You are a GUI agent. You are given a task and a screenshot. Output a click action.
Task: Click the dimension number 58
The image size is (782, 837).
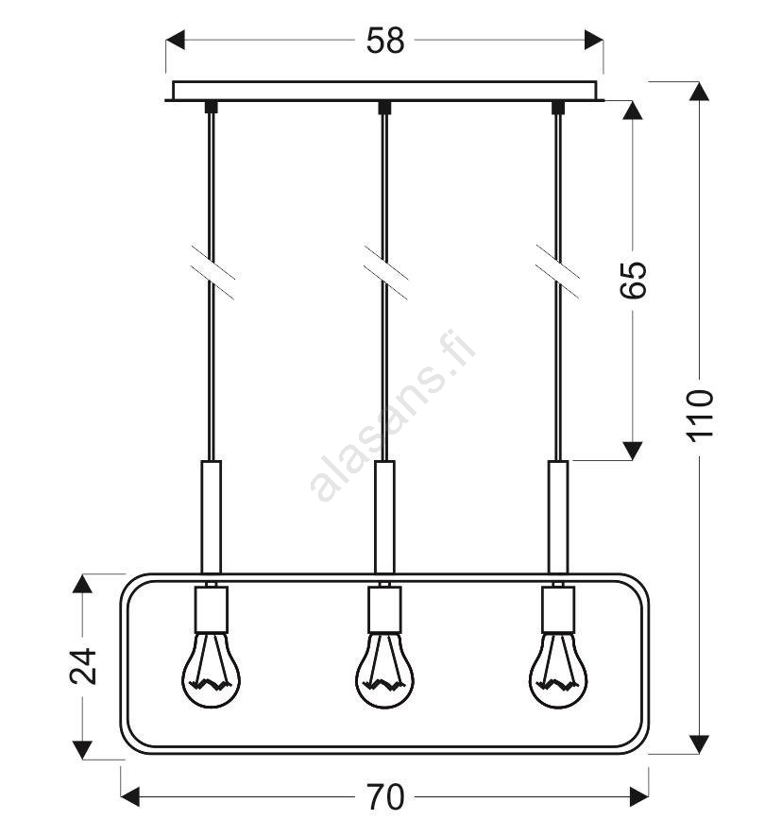385,40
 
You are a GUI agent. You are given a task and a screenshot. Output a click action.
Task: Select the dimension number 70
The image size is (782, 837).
385,797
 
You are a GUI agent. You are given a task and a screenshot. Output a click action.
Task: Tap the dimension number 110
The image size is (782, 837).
700,416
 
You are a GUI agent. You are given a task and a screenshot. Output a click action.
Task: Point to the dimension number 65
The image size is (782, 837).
633,280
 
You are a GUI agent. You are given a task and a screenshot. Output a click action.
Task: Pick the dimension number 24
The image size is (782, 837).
83,666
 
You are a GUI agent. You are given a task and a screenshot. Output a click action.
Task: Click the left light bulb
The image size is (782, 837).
212,670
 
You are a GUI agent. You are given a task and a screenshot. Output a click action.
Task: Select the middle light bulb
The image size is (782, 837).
385,670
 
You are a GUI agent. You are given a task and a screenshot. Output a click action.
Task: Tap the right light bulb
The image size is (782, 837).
558,670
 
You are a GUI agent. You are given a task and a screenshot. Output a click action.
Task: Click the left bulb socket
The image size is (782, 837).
212,609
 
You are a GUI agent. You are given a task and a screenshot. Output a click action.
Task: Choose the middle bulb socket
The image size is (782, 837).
385,609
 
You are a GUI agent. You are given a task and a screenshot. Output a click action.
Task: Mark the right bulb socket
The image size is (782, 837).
558,609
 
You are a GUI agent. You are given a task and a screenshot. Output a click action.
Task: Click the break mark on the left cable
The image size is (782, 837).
212,272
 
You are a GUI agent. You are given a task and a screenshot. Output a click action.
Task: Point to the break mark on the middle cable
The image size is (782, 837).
385,272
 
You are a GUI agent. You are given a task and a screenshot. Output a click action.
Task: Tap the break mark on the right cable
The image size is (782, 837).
558,271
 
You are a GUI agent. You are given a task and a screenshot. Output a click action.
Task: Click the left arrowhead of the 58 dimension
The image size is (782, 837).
175,40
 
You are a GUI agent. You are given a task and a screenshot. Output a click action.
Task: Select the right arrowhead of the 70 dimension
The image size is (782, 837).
639,797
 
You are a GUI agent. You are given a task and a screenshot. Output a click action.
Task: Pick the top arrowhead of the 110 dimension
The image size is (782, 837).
699,92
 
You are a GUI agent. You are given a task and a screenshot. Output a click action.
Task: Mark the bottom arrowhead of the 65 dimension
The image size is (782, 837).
633,451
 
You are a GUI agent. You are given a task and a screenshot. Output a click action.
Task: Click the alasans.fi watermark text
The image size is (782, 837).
392,416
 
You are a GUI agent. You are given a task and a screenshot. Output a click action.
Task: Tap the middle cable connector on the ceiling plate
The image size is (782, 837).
384,108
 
